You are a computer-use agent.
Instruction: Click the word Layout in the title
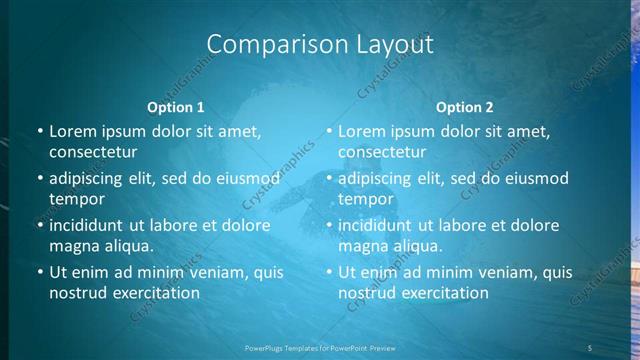393,45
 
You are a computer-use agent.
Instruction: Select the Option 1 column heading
176,107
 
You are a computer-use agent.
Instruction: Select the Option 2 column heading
465,107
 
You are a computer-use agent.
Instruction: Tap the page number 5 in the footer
590,347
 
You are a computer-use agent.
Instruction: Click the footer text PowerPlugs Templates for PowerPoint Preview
320,347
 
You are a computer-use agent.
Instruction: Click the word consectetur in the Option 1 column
93,152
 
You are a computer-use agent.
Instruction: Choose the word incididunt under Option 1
89,224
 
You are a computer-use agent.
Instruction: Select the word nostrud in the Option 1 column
77,292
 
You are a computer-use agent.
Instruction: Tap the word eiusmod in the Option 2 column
528,178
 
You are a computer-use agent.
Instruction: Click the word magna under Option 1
74,245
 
